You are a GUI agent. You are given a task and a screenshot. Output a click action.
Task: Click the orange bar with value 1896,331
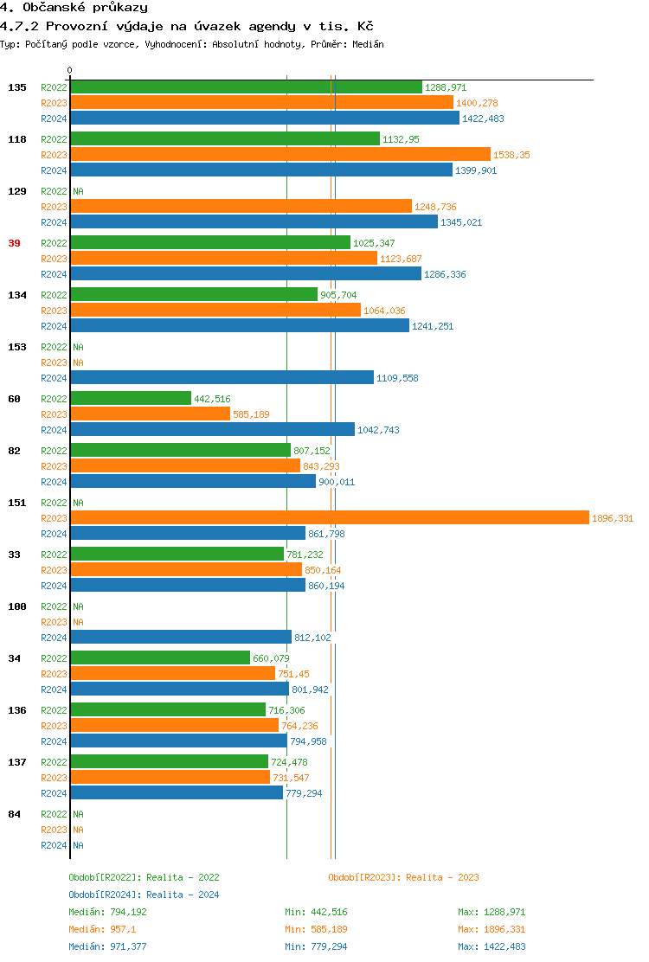[x=329, y=517]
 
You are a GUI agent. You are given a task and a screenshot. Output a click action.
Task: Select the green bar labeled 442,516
[x=131, y=398]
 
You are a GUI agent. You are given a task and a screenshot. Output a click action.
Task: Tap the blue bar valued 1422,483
[x=265, y=118]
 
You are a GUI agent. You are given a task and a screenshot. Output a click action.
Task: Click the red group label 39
[x=14, y=243]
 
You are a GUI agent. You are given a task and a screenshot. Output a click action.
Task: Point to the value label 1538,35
[x=511, y=155]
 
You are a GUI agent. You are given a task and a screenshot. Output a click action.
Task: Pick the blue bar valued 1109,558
[x=222, y=377]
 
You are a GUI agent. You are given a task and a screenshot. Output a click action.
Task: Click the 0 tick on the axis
[x=70, y=70]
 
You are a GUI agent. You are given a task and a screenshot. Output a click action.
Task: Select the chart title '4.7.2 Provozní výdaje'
[x=186, y=26]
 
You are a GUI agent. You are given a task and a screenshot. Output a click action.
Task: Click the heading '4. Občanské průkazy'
[x=74, y=8]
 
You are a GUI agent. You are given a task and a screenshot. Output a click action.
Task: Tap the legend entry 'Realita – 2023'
[x=403, y=877]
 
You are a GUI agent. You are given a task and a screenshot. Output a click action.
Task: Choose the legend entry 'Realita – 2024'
[x=144, y=895]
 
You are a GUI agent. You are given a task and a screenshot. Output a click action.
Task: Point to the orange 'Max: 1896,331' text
[x=491, y=929]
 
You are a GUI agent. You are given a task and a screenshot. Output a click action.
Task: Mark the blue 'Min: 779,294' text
[x=316, y=946]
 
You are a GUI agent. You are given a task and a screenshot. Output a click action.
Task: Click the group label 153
[x=17, y=347]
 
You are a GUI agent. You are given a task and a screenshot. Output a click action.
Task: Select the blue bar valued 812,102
[x=181, y=637]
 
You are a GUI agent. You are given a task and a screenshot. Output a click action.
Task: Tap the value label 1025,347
[x=374, y=243]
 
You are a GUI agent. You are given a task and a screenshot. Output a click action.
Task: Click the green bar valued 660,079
[x=160, y=657]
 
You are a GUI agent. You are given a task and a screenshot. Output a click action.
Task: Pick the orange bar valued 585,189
[x=150, y=414]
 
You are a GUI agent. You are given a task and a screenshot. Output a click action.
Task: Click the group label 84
[x=14, y=814]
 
